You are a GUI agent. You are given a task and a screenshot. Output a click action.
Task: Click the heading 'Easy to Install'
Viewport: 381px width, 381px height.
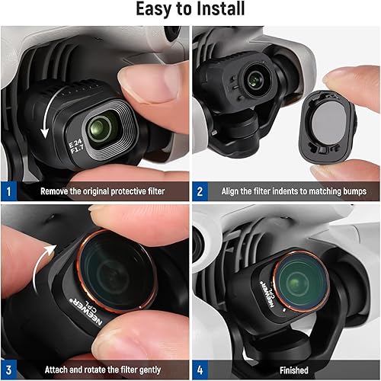[x=190, y=11]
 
